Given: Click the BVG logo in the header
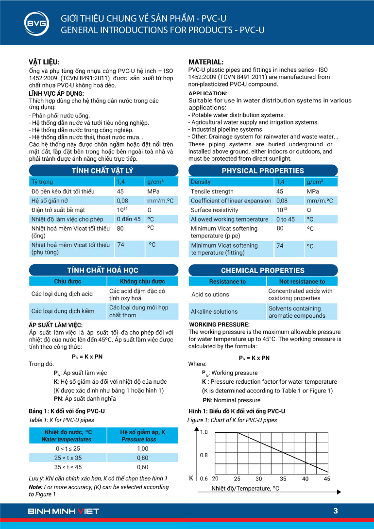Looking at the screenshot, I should pos(36,23).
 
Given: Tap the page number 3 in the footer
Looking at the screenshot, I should pos(336,511).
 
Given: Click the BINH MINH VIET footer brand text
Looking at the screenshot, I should pos(64,511).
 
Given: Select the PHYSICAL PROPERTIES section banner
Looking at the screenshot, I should pos(263,171).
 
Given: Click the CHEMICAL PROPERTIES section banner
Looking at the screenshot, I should pos(263,270).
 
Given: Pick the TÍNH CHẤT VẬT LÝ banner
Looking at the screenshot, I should pos(102,171).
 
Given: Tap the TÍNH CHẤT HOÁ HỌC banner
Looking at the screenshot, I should pos(102,270).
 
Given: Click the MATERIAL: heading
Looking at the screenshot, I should pos(206,62).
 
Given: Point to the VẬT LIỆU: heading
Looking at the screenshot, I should pos(44,62).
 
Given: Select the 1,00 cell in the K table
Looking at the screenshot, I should pos(142,449).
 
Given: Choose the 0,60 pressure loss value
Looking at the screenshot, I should pos(142,467).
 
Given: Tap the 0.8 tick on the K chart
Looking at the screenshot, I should pos(204,455).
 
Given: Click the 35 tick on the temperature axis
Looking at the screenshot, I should pos(283,478).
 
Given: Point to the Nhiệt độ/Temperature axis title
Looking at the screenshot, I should pos(245,488).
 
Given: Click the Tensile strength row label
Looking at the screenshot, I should pos(212,191).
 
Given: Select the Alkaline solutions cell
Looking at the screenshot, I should pos(214,311).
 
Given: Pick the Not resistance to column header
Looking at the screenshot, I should pos(302,281).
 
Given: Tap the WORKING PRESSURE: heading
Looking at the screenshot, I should pos(219,324).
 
